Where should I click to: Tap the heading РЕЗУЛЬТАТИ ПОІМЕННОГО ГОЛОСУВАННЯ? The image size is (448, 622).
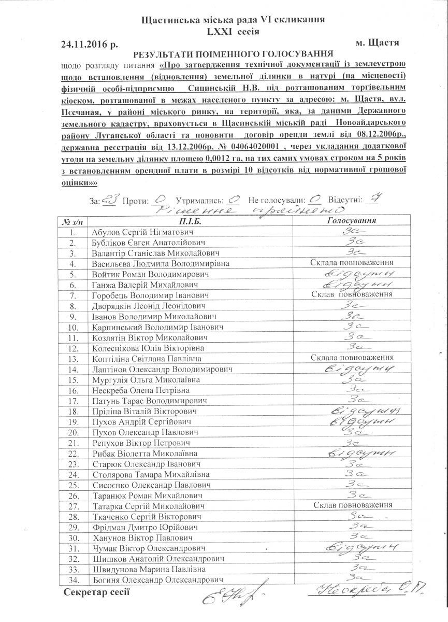[x=233, y=54]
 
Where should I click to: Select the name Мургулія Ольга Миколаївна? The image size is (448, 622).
[x=138, y=379]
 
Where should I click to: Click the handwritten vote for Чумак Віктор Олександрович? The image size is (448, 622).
[x=361, y=547]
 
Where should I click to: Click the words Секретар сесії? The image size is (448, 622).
[x=96, y=591]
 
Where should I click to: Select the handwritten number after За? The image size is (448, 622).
[x=112, y=199]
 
